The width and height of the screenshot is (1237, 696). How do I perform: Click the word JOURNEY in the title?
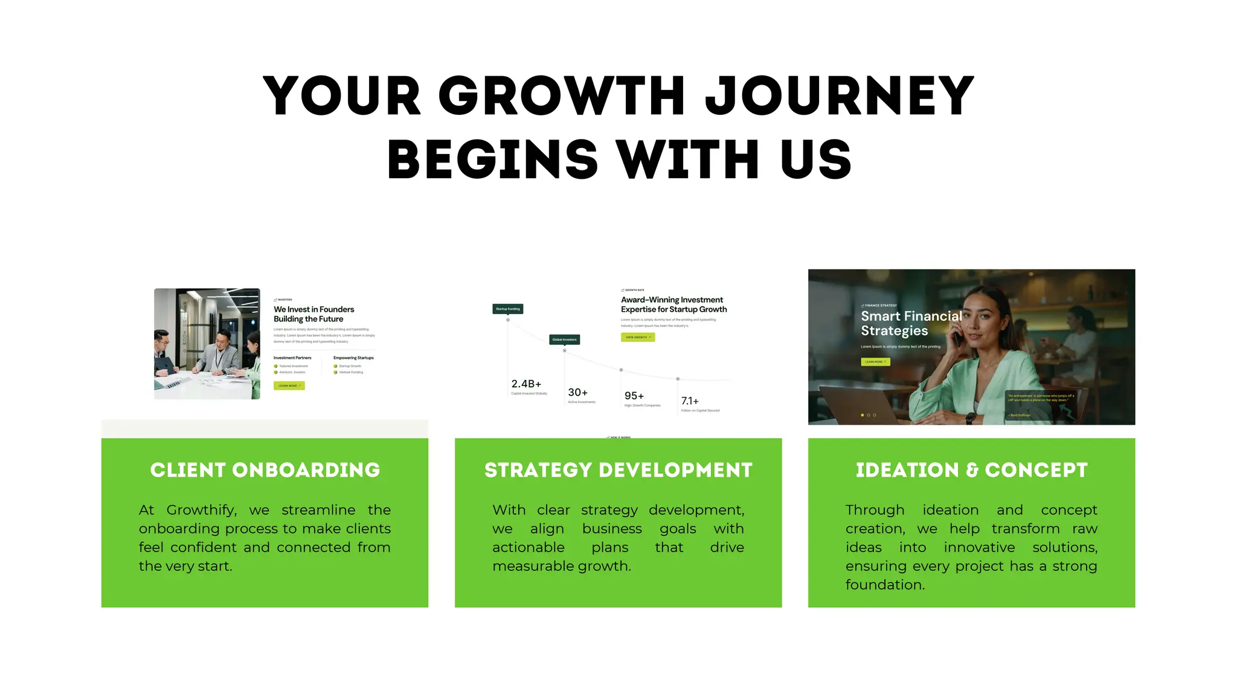[x=840, y=96]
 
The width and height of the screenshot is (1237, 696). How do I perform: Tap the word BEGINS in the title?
[x=492, y=159]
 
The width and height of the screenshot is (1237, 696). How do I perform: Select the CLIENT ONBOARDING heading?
[x=265, y=470]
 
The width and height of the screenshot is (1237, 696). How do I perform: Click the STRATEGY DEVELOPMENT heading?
[x=618, y=470]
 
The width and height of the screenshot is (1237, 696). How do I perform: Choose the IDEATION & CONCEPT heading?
[x=971, y=470]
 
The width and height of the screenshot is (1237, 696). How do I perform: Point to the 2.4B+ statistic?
[x=526, y=384]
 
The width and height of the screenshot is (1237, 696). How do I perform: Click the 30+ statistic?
[x=577, y=393]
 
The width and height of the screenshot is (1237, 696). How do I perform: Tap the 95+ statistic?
[x=634, y=396]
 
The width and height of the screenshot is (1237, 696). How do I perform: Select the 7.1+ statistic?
[x=690, y=401]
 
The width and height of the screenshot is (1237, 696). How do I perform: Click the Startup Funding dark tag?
[x=507, y=309]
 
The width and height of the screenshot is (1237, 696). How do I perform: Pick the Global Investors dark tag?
[x=564, y=340]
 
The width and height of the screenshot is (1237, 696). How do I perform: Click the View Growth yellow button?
[x=637, y=337]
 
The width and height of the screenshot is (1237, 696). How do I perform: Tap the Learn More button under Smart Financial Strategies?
[x=875, y=362]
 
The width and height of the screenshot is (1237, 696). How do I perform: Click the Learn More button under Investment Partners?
[x=289, y=385]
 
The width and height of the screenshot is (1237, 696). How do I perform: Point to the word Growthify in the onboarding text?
[x=201, y=510]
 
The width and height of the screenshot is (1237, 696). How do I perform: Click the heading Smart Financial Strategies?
[x=911, y=323]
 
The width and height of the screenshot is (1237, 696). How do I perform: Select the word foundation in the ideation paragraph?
[x=884, y=585]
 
